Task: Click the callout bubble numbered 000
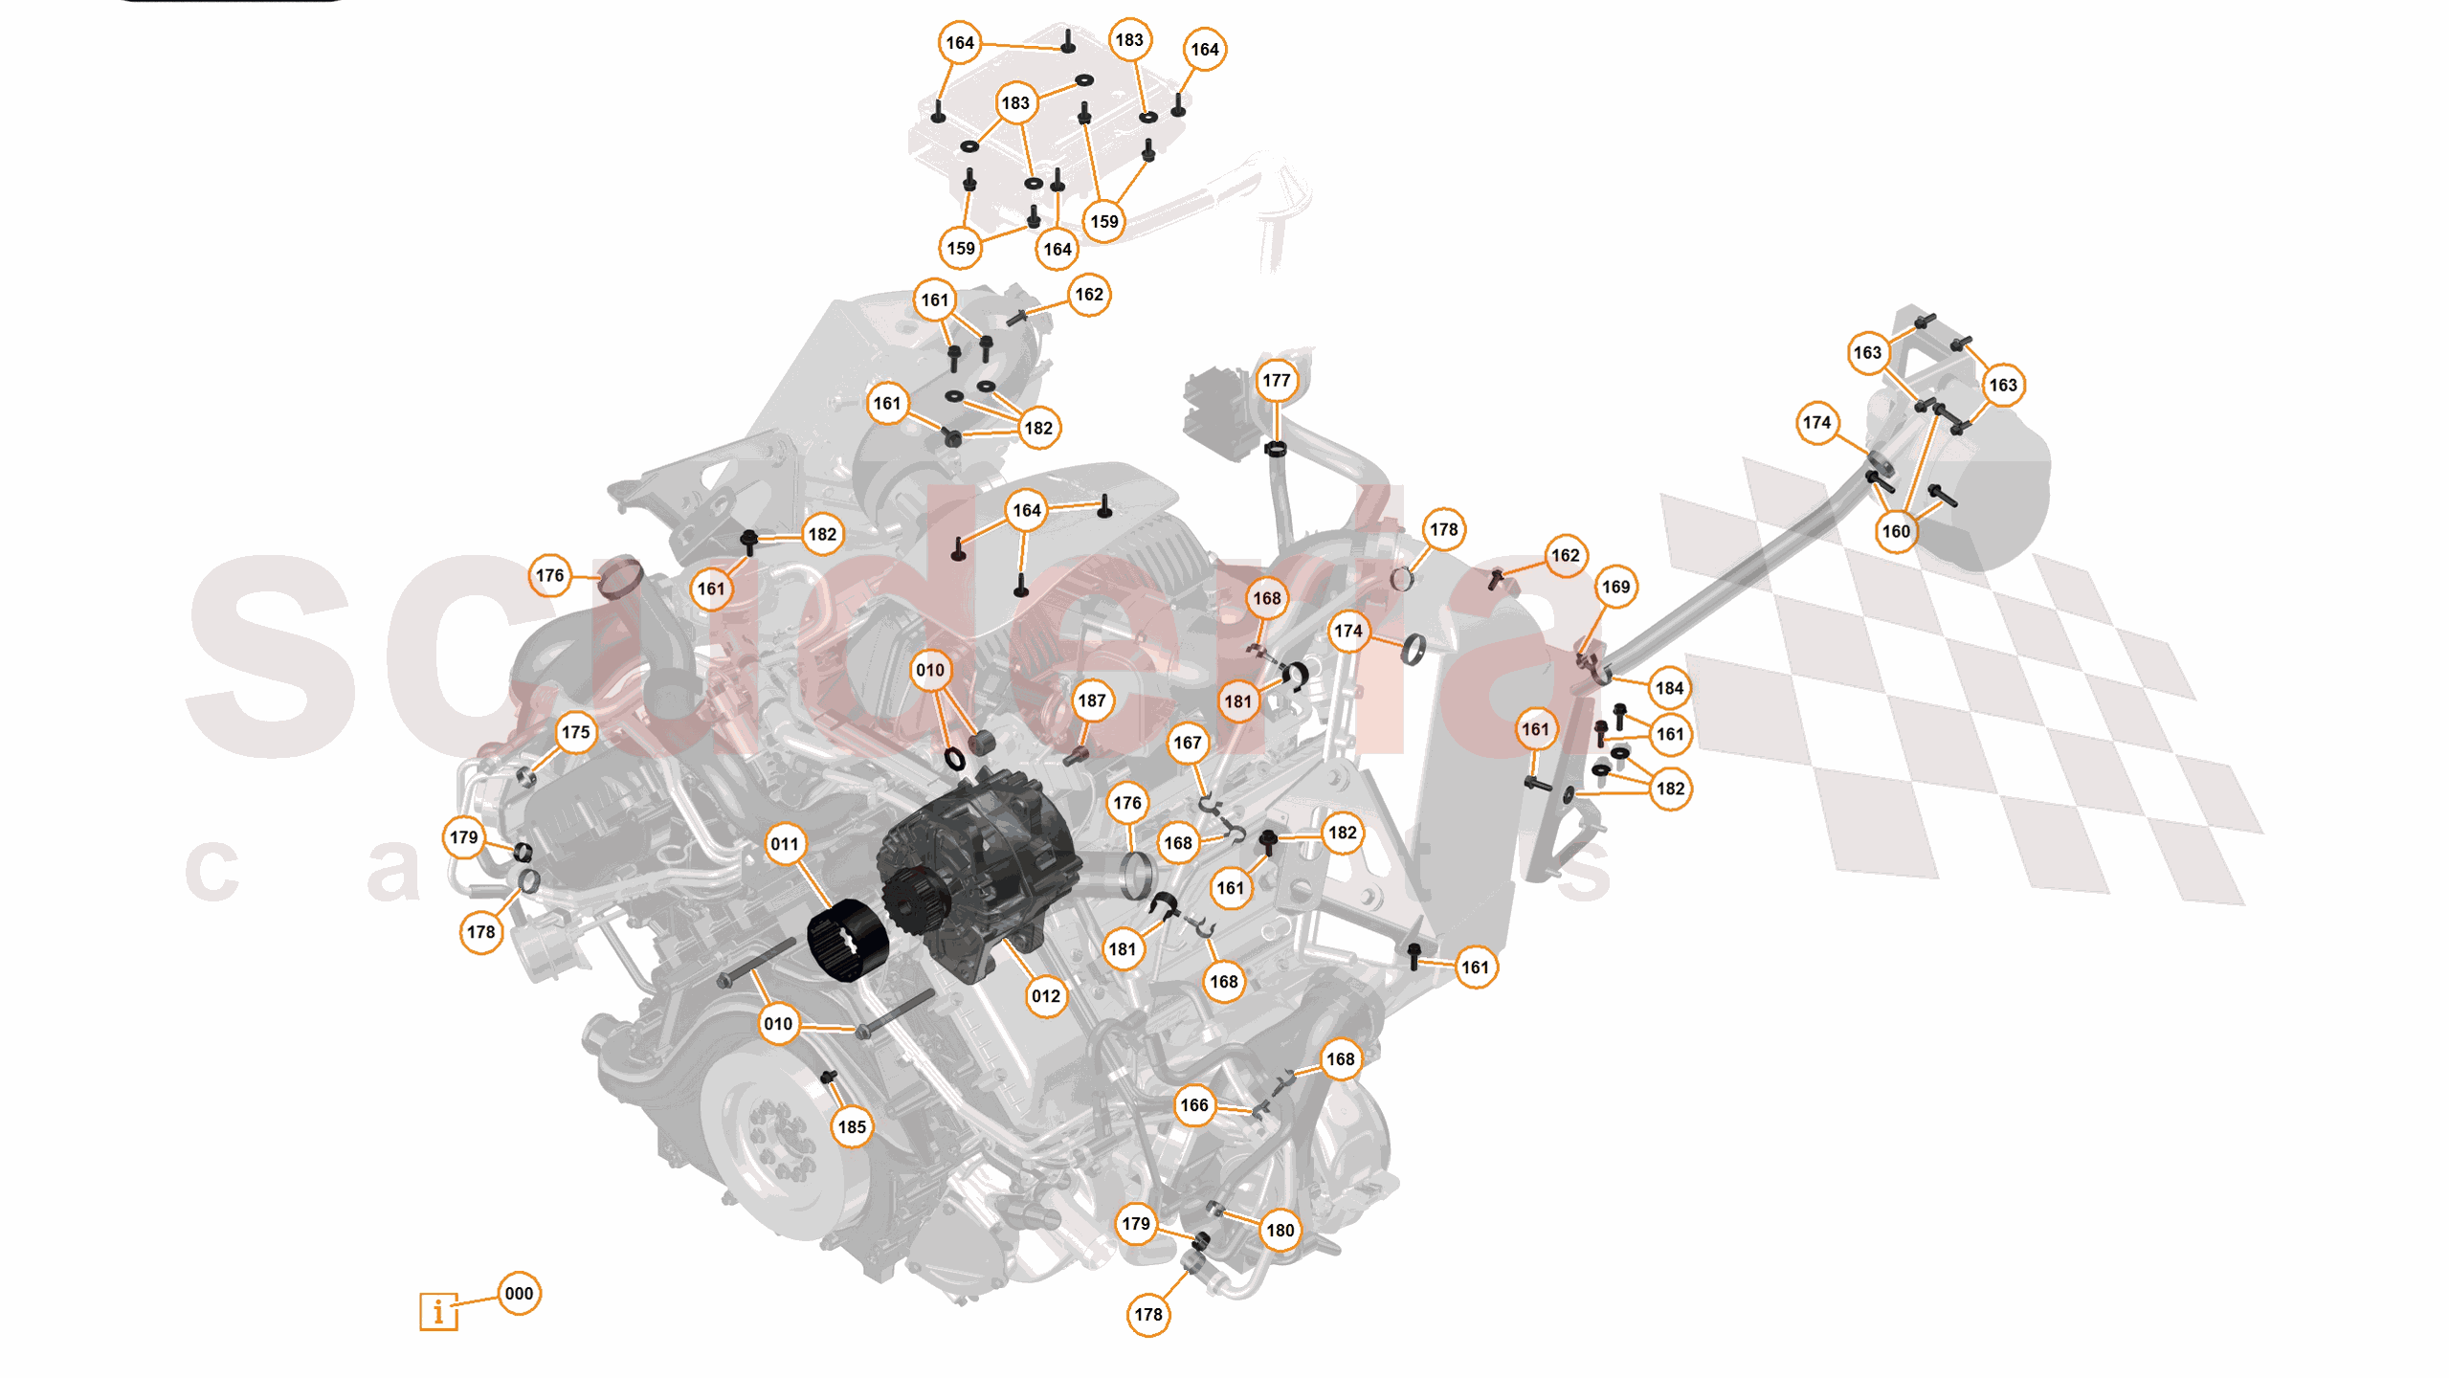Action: point(519,1294)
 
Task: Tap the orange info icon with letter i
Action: point(438,1311)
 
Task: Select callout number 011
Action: point(785,844)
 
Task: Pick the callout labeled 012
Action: point(1046,996)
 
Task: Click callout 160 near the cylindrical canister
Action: point(1896,531)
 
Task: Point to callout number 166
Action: point(1194,1105)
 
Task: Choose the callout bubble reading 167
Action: point(1188,743)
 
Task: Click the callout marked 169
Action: point(1615,587)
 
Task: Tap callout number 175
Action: point(575,732)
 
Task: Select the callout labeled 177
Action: point(1276,380)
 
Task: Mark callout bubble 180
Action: point(1280,1231)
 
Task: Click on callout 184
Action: point(1669,688)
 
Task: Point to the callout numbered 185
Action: point(852,1127)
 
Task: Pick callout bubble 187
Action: point(1091,700)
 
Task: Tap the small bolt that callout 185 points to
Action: point(829,1078)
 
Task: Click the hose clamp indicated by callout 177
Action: point(1275,448)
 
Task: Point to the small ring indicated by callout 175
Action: point(525,775)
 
